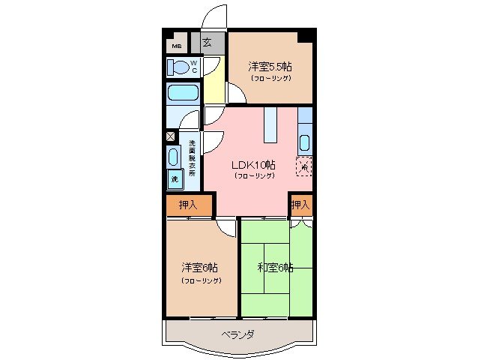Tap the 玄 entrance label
point(206,43)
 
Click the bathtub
point(182,94)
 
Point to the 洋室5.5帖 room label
point(270,66)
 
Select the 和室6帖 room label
point(275,267)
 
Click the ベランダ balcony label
point(238,335)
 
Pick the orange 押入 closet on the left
point(189,205)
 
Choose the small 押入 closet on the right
point(300,205)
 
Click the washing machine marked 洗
point(175,179)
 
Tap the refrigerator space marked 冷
point(304,166)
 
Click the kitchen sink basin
point(305,142)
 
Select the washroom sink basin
point(174,157)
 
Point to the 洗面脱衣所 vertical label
point(192,158)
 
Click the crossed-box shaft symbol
point(170,136)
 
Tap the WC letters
point(193,67)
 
